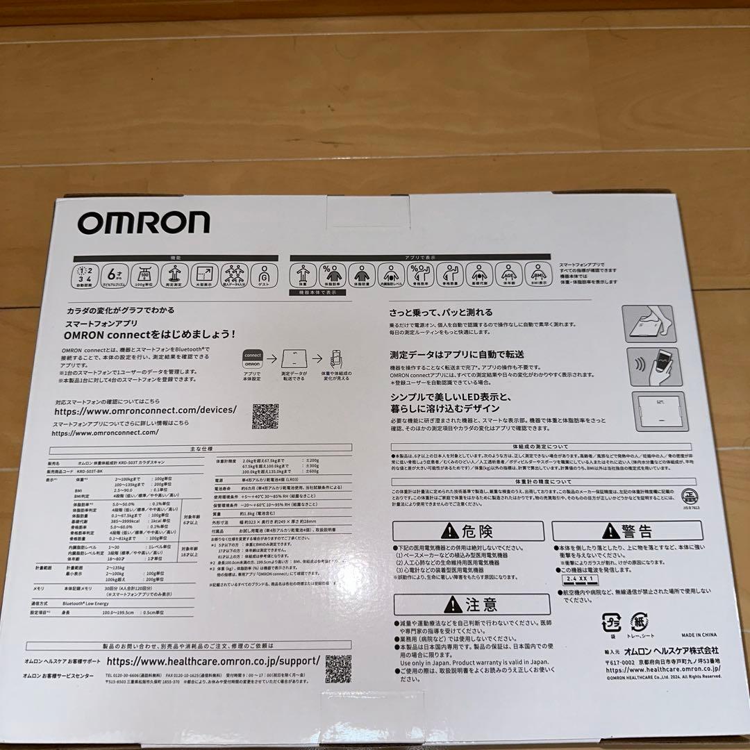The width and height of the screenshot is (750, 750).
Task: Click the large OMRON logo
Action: pos(143,222)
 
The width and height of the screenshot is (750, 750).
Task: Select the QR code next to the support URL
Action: pos(338,667)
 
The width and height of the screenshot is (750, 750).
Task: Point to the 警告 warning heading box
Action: pos(637,531)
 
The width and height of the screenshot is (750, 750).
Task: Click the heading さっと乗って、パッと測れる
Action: pos(441,312)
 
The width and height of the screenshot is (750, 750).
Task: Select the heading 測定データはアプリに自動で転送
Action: pos(456,355)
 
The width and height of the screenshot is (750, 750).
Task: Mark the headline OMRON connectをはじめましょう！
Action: pos(149,334)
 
